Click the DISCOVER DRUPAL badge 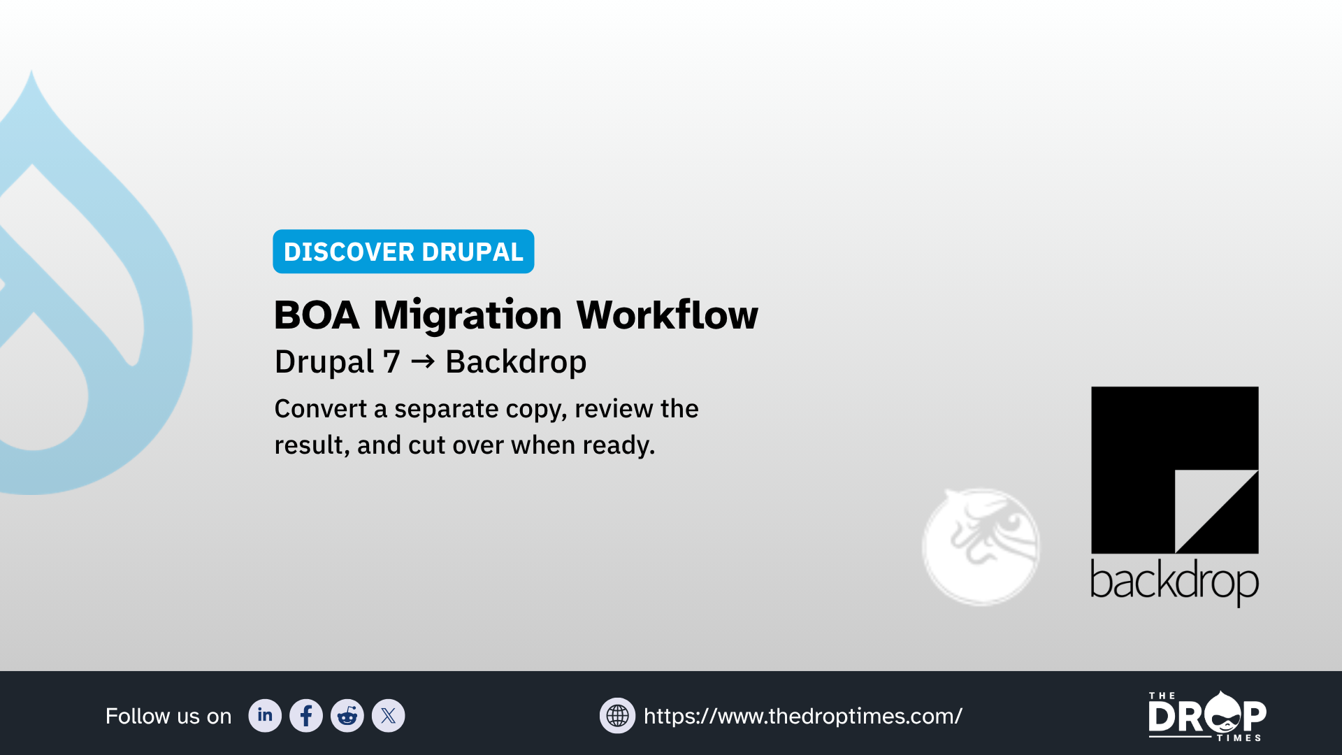pos(403,252)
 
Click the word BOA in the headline pos(317,315)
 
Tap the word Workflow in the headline pos(667,315)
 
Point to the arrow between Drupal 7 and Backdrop pos(423,361)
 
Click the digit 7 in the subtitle pos(391,362)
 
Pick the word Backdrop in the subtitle pos(516,362)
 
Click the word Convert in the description pos(320,409)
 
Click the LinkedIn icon pos(265,715)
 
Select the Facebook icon pos(306,715)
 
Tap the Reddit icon pos(347,715)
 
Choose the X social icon pos(389,715)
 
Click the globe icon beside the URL pos(617,715)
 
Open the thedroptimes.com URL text pos(802,716)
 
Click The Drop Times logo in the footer pos(1207,716)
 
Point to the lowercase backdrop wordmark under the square pos(1174,582)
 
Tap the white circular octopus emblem pos(981,547)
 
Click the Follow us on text pos(168,716)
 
